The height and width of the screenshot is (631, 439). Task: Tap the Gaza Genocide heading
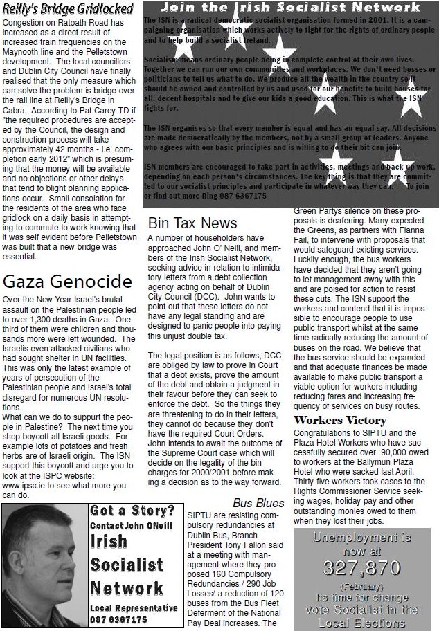click(67, 282)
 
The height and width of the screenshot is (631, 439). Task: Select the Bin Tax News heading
click(192, 223)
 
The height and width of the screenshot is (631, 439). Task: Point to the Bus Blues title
click(258, 503)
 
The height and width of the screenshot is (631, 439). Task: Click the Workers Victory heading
click(340, 420)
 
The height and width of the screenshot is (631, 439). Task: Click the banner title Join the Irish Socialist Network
click(290, 8)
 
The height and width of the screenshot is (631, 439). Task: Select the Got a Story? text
click(132, 511)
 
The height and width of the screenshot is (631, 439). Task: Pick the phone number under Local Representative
click(119, 620)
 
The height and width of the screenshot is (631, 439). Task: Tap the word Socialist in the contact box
click(127, 565)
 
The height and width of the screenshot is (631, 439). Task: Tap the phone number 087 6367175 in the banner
click(235, 196)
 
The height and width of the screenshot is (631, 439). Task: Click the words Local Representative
click(134, 607)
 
